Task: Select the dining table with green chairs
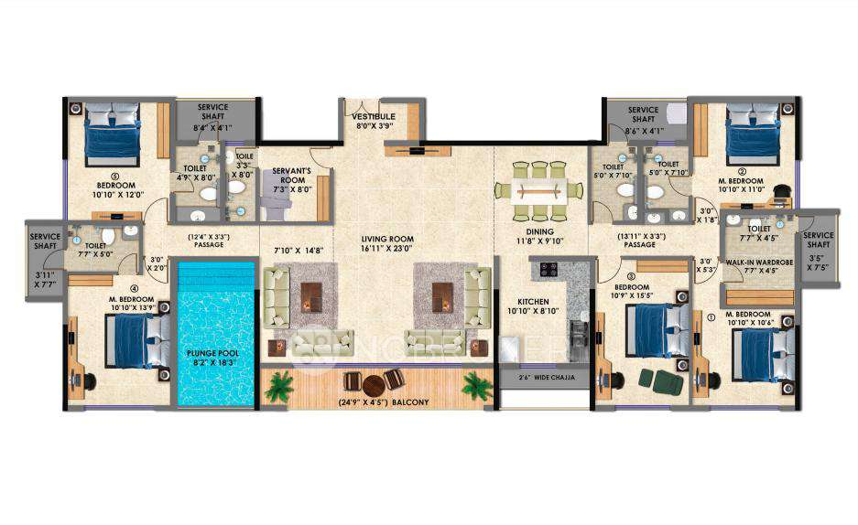[x=538, y=191]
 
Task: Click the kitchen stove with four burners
[x=549, y=270]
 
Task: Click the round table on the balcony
[x=373, y=383]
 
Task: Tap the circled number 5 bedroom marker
[x=90, y=177]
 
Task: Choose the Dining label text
[x=537, y=232]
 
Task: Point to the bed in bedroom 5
[x=112, y=135]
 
